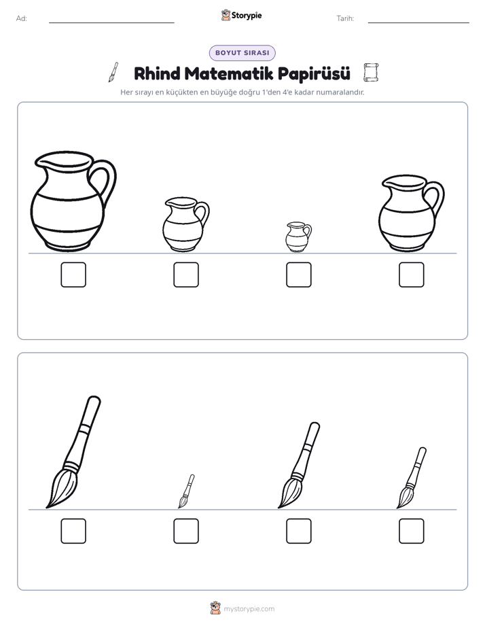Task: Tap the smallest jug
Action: click(x=298, y=237)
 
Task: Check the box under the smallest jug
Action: click(x=298, y=275)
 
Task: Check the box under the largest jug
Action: click(x=73, y=275)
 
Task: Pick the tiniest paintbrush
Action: click(x=186, y=492)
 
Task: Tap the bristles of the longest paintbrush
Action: click(x=61, y=489)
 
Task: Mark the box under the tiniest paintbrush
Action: click(x=186, y=531)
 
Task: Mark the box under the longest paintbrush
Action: click(x=73, y=531)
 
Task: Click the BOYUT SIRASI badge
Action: click(x=242, y=53)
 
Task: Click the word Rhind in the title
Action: click(x=157, y=73)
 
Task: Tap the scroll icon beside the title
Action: click(x=371, y=73)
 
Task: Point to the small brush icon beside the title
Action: click(x=113, y=72)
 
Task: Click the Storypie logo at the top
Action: click(x=241, y=16)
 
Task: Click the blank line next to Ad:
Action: click(x=111, y=22)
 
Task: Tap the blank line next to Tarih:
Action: click(x=418, y=22)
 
